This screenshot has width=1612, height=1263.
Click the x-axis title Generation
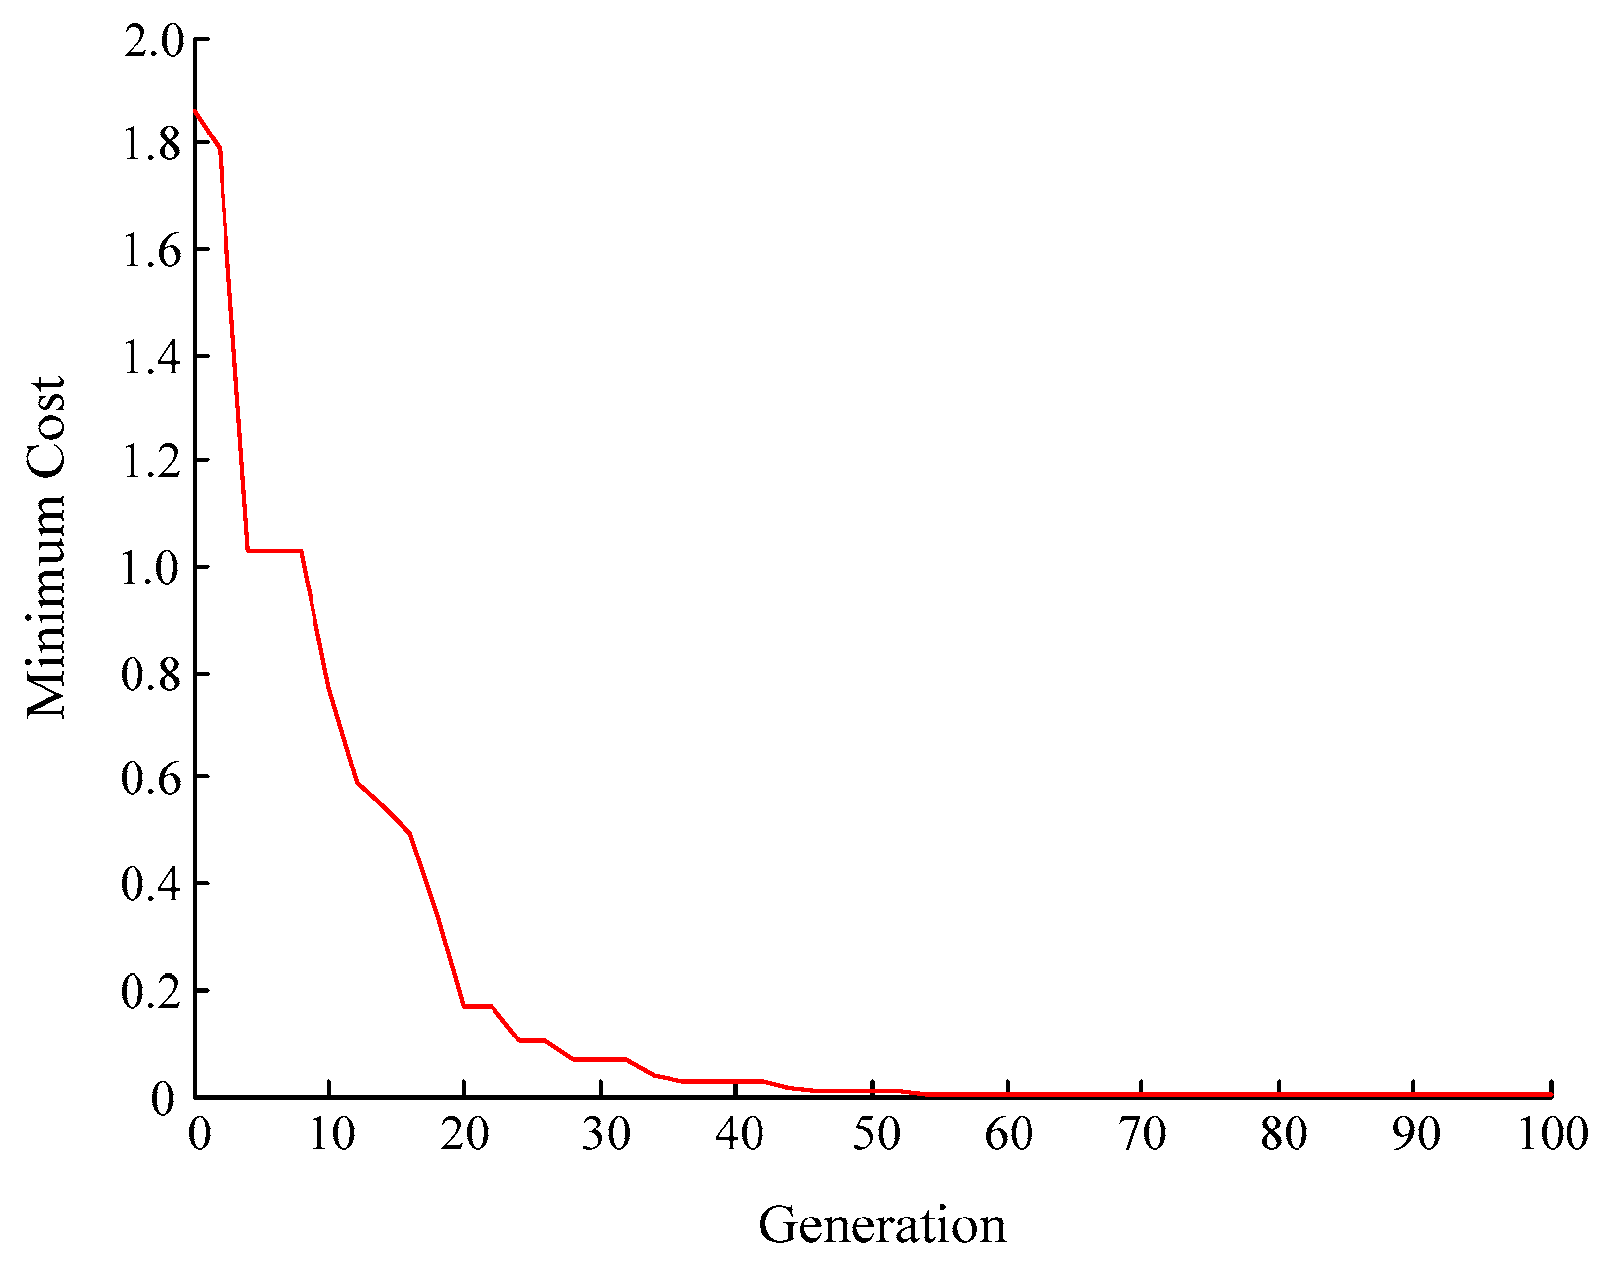(x=881, y=1225)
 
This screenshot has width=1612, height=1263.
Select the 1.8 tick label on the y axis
(x=152, y=145)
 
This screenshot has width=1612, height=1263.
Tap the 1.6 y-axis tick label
(x=152, y=251)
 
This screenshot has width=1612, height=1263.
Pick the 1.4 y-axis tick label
(x=152, y=357)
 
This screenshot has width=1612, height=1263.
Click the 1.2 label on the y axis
(x=152, y=462)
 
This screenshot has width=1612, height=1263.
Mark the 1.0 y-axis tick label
(x=152, y=568)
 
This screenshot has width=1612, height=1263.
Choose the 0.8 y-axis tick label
(x=152, y=674)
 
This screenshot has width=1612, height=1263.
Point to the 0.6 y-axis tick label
(x=152, y=778)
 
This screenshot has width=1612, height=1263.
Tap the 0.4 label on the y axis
(x=152, y=884)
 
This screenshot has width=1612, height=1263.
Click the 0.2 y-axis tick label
(x=152, y=990)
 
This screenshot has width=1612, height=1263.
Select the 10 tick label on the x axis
(x=331, y=1134)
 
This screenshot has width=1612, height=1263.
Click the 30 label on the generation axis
(x=604, y=1134)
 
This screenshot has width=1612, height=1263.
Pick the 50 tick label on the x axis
(x=875, y=1134)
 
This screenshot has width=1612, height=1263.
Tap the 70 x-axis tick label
(x=1144, y=1134)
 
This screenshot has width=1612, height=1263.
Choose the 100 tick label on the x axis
(x=1549, y=1134)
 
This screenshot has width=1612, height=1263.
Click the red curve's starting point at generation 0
(x=195, y=110)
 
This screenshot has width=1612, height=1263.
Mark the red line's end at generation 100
(x=1550, y=1094)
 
